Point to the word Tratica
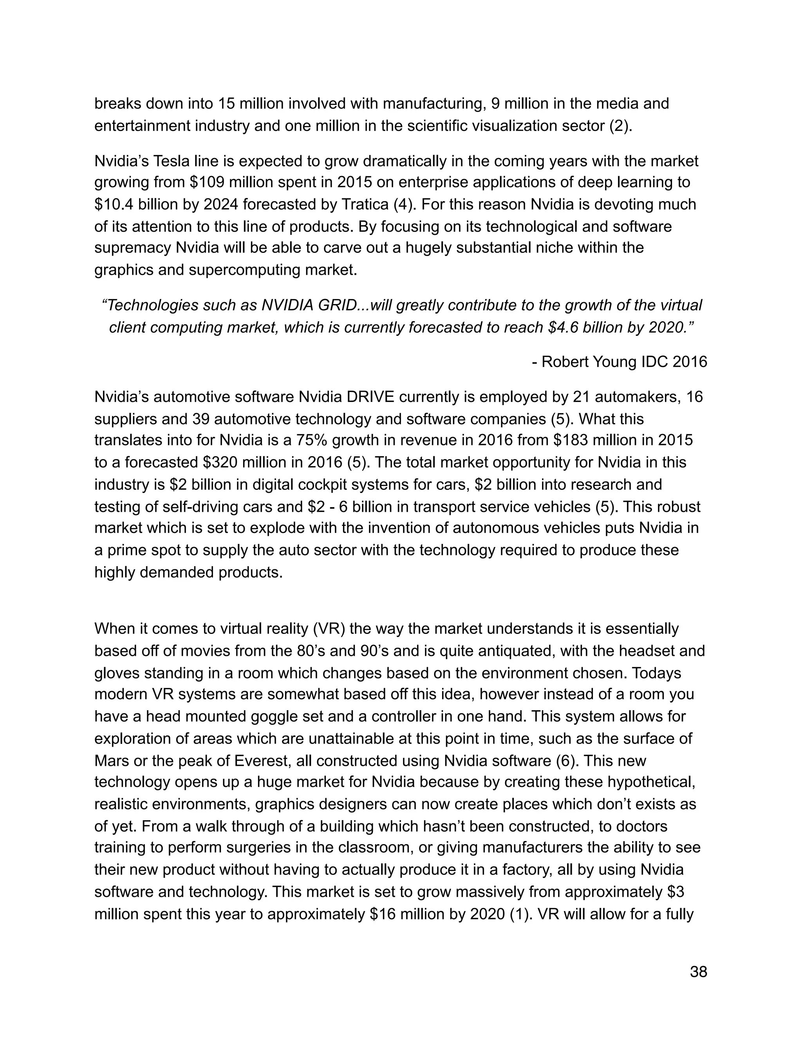pyautogui.click(x=365, y=205)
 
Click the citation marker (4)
pyautogui.click(x=404, y=205)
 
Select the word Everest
pyautogui.click(x=261, y=761)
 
